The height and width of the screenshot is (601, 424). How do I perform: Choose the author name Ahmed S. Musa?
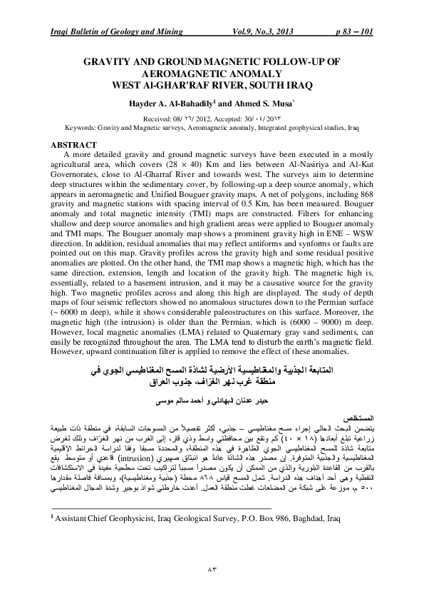(x=273, y=103)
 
